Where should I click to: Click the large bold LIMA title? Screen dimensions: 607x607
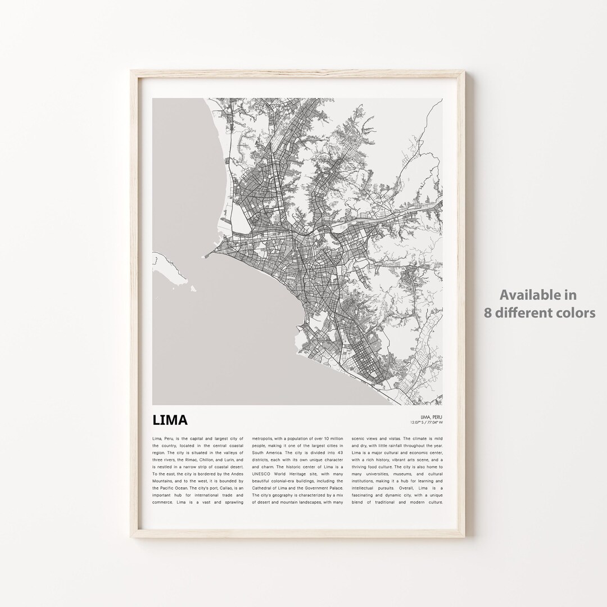(x=170, y=420)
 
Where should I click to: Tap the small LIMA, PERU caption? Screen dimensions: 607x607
(x=431, y=416)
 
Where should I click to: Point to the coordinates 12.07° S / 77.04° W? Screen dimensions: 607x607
(x=427, y=422)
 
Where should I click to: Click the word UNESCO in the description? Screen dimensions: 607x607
(x=261, y=474)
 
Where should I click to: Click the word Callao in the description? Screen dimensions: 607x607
(x=219, y=488)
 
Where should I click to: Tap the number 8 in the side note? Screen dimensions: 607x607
(x=488, y=312)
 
